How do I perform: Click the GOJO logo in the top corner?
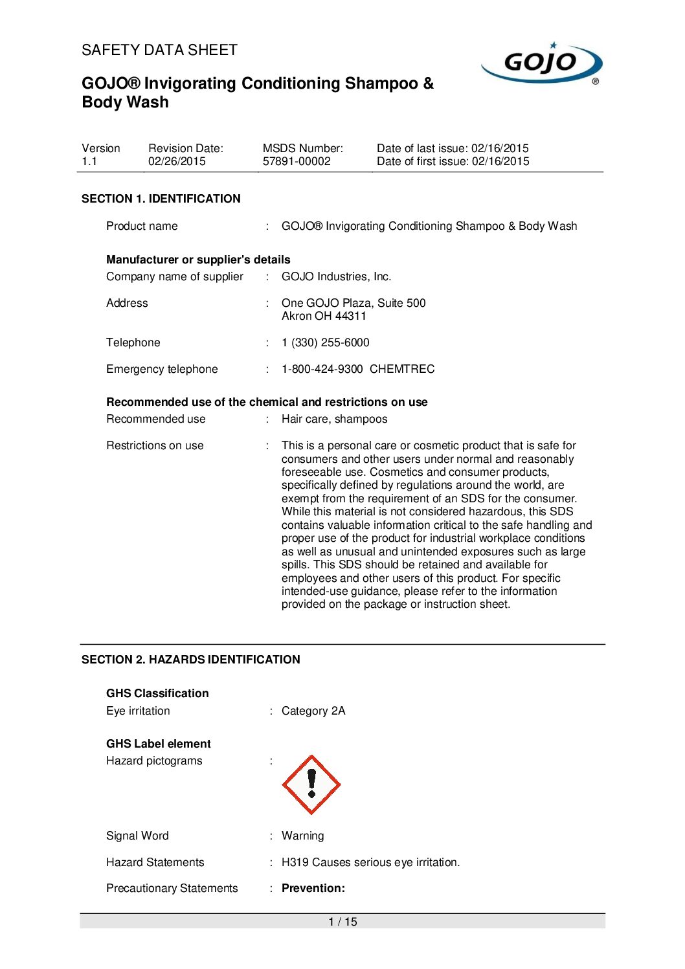(x=541, y=63)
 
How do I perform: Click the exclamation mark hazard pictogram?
(x=311, y=785)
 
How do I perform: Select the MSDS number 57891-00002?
(x=297, y=161)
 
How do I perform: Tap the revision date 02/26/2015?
(x=177, y=161)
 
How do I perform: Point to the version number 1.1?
(x=89, y=161)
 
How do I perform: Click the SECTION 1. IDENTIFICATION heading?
(x=161, y=199)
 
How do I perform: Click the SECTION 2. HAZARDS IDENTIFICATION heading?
(x=191, y=660)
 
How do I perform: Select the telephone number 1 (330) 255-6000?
(x=326, y=342)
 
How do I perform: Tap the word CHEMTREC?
(x=402, y=369)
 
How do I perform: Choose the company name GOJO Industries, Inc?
(x=337, y=276)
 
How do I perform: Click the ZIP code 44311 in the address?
(x=351, y=316)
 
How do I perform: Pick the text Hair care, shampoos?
(x=334, y=419)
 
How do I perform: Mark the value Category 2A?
(x=313, y=711)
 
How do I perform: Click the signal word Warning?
(x=303, y=836)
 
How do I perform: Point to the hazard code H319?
(x=295, y=862)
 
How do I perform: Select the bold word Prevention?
(x=313, y=888)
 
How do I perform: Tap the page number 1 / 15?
(x=342, y=922)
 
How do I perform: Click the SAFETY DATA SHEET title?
(x=159, y=50)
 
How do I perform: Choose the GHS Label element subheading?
(x=159, y=744)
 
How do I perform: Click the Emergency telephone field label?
(x=162, y=369)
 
